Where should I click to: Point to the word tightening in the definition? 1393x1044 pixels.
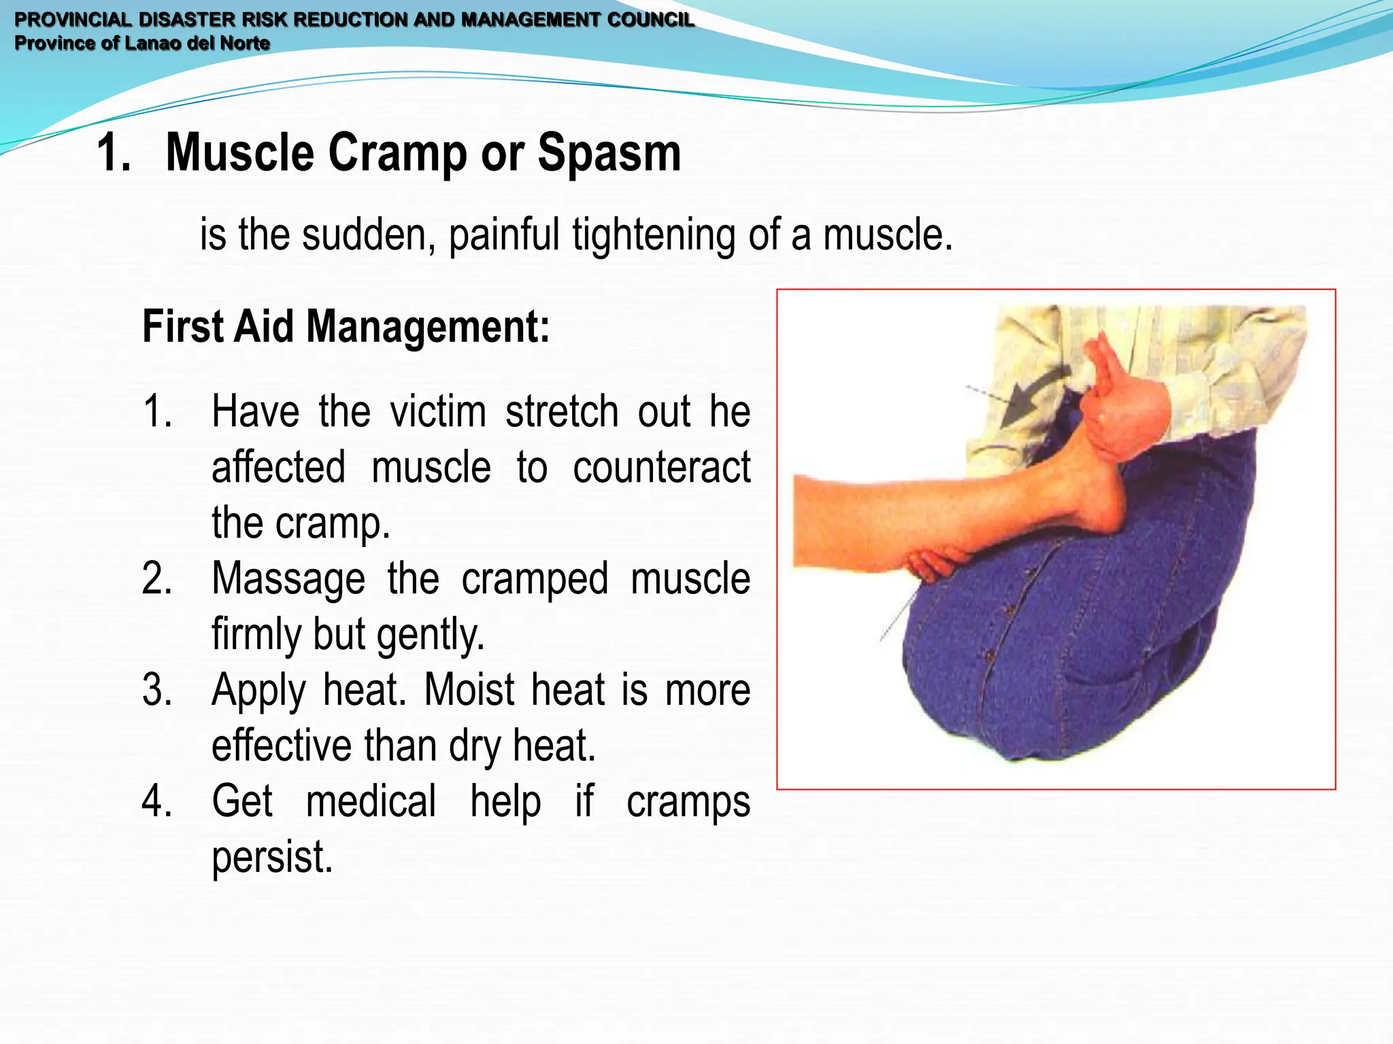coord(653,235)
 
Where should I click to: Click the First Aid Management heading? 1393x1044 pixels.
coord(346,327)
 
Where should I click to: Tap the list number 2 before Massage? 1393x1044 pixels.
coord(156,579)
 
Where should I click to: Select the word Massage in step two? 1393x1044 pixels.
coord(288,579)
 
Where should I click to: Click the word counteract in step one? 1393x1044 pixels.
coord(661,468)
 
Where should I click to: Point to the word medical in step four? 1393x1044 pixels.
coord(371,801)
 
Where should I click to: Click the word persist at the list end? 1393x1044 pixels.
coord(272,857)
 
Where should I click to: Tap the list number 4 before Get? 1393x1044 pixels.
coord(156,801)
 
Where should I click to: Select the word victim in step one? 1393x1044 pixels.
coord(437,412)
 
